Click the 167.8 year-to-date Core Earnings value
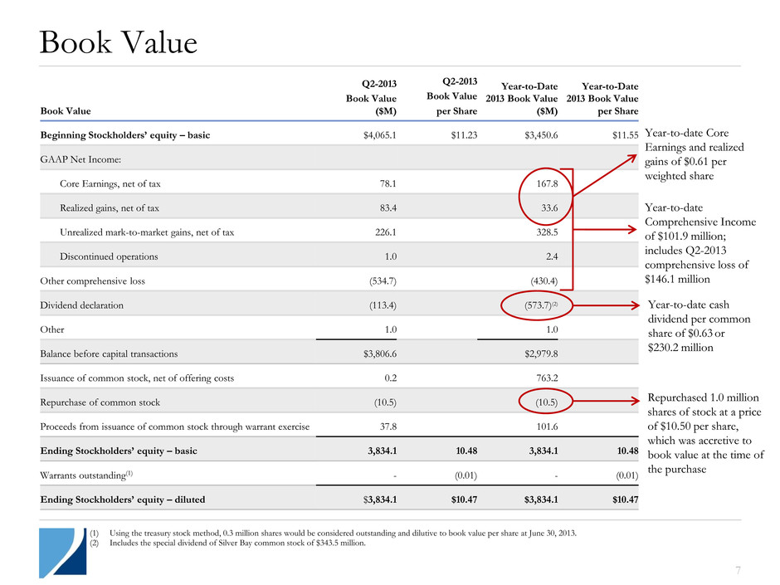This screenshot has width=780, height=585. pyautogui.click(x=543, y=183)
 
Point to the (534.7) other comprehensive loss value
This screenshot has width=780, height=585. pyautogui.click(x=378, y=281)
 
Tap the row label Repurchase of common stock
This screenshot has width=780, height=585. pyautogui.click(x=100, y=402)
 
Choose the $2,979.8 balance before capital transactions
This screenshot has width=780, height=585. pyautogui.click(x=538, y=353)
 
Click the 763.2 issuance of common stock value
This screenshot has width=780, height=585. pyautogui.click(x=543, y=378)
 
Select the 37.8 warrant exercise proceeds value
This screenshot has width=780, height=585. pyautogui.click(x=384, y=427)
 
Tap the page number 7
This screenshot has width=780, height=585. pyautogui.click(x=760, y=570)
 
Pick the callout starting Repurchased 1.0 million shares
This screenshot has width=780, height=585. pyautogui.click(x=705, y=433)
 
